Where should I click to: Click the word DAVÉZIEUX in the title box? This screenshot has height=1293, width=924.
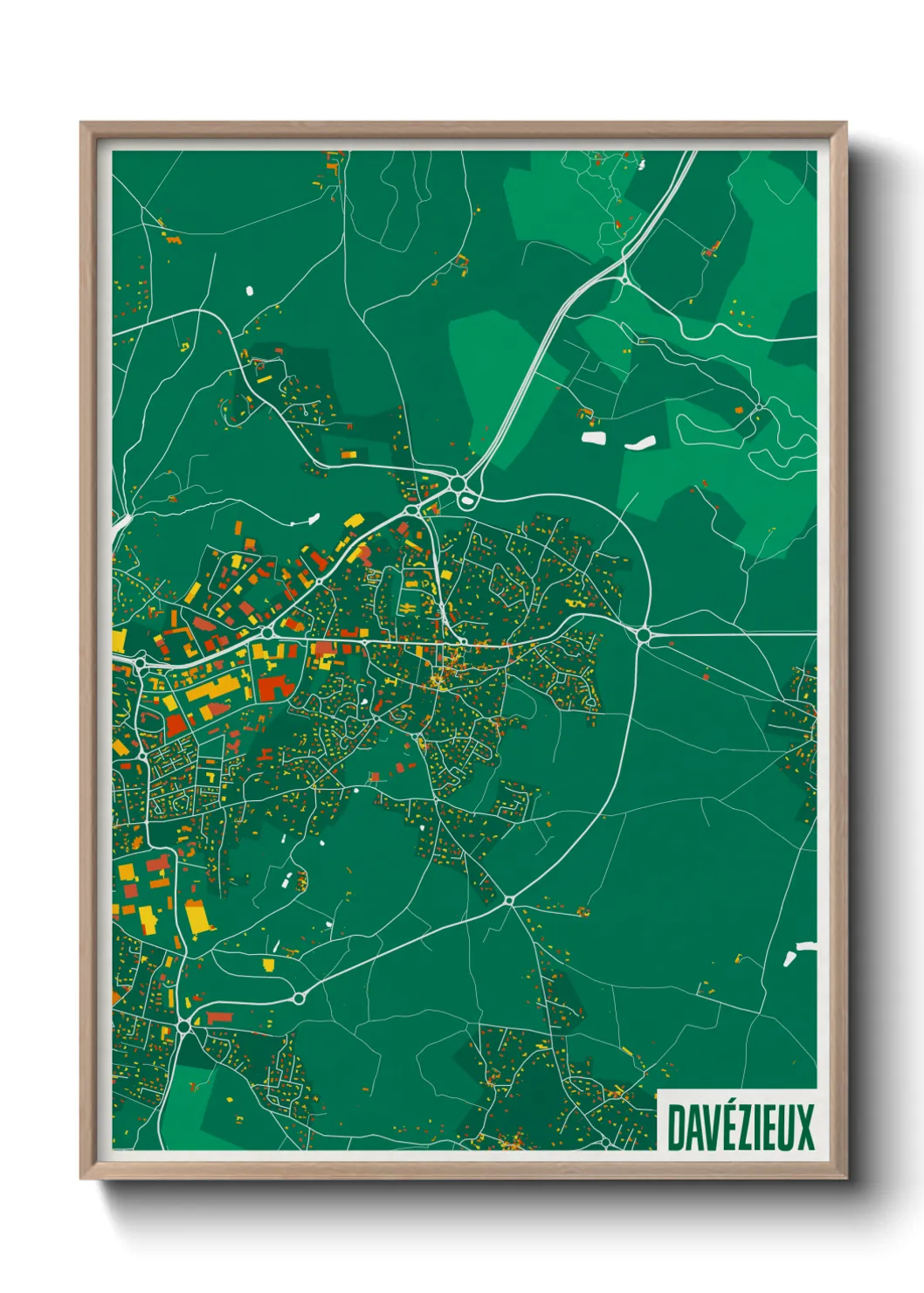(741, 1127)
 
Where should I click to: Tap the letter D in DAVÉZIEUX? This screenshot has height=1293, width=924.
(676, 1127)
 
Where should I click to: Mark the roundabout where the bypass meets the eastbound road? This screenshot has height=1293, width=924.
(645, 635)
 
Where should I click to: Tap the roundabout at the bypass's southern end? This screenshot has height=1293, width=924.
(508, 899)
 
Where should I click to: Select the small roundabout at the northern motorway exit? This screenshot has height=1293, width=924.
(624, 277)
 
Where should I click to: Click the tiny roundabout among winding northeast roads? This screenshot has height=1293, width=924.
(759, 407)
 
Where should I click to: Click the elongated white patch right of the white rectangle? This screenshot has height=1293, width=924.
(639, 443)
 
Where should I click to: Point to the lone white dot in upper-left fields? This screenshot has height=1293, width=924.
(249, 290)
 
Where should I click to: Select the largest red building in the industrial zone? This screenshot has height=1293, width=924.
(275, 687)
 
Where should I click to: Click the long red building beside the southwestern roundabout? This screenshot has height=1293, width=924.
(219, 1016)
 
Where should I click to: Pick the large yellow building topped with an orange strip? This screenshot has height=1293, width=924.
(199, 916)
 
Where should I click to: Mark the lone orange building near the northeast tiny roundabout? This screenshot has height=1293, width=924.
(739, 410)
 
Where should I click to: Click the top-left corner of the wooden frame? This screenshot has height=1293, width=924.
(81, 123)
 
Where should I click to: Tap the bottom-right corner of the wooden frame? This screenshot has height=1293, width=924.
(845, 1179)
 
